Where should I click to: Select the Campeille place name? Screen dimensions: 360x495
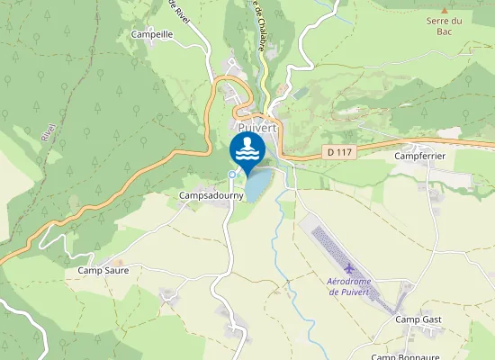pos(151,34)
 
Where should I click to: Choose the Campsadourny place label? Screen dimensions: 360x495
pos(205,194)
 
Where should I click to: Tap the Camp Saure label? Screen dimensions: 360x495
pos(103,270)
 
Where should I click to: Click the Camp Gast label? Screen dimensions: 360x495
pos(418,319)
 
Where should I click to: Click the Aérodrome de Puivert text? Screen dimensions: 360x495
pos(348,286)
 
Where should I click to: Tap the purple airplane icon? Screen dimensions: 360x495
pos(349,268)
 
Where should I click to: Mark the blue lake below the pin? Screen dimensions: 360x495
pos(257,185)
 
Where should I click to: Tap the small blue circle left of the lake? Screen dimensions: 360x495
pos(231,174)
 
